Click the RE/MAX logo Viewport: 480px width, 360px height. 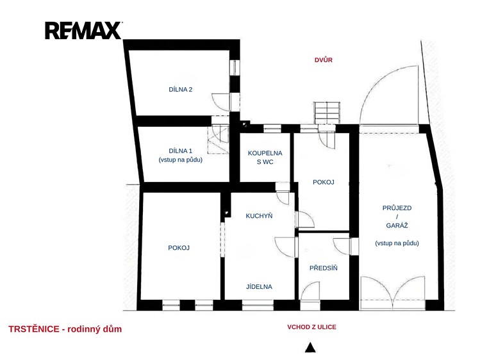(83, 30)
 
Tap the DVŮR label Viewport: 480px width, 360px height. (323, 60)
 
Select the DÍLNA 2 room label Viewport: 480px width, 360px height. (181, 90)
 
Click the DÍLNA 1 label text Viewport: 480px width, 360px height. (181, 151)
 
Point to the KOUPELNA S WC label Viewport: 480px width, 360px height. (265, 157)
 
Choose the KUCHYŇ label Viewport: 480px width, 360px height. (259, 216)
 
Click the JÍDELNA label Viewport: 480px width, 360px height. (259, 286)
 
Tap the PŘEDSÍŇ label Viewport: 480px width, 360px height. (323, 268)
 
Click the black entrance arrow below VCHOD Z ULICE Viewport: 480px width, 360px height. (310, 347)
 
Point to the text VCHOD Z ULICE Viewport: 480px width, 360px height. (311, 327)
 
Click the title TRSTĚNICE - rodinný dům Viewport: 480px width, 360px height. (65, 329)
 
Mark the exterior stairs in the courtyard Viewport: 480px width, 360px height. (327, 113)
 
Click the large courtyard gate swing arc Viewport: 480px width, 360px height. (377, 83)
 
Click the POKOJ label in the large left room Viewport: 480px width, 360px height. (179, 248)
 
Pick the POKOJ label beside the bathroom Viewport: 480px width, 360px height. (323, 183)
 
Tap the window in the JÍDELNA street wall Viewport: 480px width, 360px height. (258, 305)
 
